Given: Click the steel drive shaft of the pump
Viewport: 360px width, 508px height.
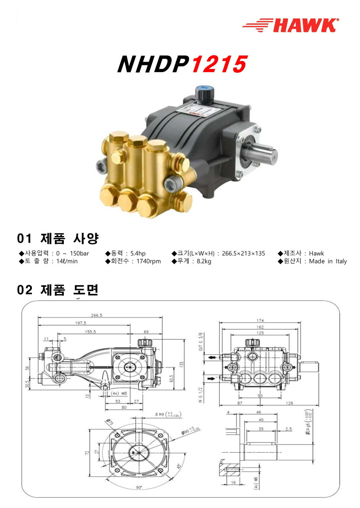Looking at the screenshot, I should point(263,151).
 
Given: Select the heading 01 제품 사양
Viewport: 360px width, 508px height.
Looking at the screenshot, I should point(58,238).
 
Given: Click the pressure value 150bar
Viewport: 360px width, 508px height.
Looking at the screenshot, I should point(79,253).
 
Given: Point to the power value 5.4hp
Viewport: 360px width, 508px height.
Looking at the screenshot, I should point(137,253).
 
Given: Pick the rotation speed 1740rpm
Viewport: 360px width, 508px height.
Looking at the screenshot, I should point(148,261).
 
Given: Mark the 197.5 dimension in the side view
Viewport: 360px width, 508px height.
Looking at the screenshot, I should point(81,323).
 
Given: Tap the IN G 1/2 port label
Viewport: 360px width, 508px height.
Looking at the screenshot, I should point(201,391).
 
